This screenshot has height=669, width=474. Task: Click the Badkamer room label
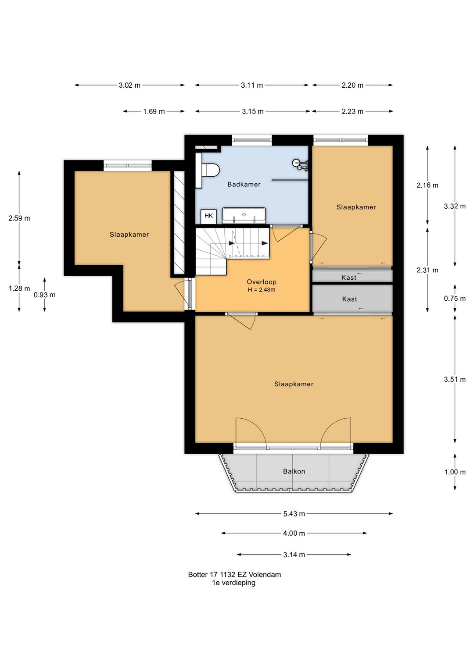tap(244, 184)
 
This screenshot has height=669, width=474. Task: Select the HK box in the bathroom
tap(208, 215)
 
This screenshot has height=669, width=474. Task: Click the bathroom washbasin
tap(244, 215)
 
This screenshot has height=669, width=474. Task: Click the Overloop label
tap(262, 281)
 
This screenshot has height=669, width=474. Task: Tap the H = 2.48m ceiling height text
tap(262, 290)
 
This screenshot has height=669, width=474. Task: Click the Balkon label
tap(294, 471)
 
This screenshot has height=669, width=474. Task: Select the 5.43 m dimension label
tap(294, 514)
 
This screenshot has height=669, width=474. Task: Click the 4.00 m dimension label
tap(294, 533)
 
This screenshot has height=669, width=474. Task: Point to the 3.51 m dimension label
tap(455, 380)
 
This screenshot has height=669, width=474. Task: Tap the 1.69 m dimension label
tap(154, 111)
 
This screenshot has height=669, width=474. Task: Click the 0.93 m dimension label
tap(45, 295)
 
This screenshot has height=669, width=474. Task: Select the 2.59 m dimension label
tap(19, 218)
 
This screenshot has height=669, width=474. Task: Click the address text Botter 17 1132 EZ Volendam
tap(234, 574)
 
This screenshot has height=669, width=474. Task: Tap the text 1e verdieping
tap(233, 582)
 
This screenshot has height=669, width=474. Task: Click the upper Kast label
tap(348, 278)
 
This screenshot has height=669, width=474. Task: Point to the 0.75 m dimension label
tap(455, 299)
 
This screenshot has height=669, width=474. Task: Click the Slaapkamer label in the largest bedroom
tap(294, 384)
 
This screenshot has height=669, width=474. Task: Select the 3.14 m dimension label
tap(294, 555)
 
